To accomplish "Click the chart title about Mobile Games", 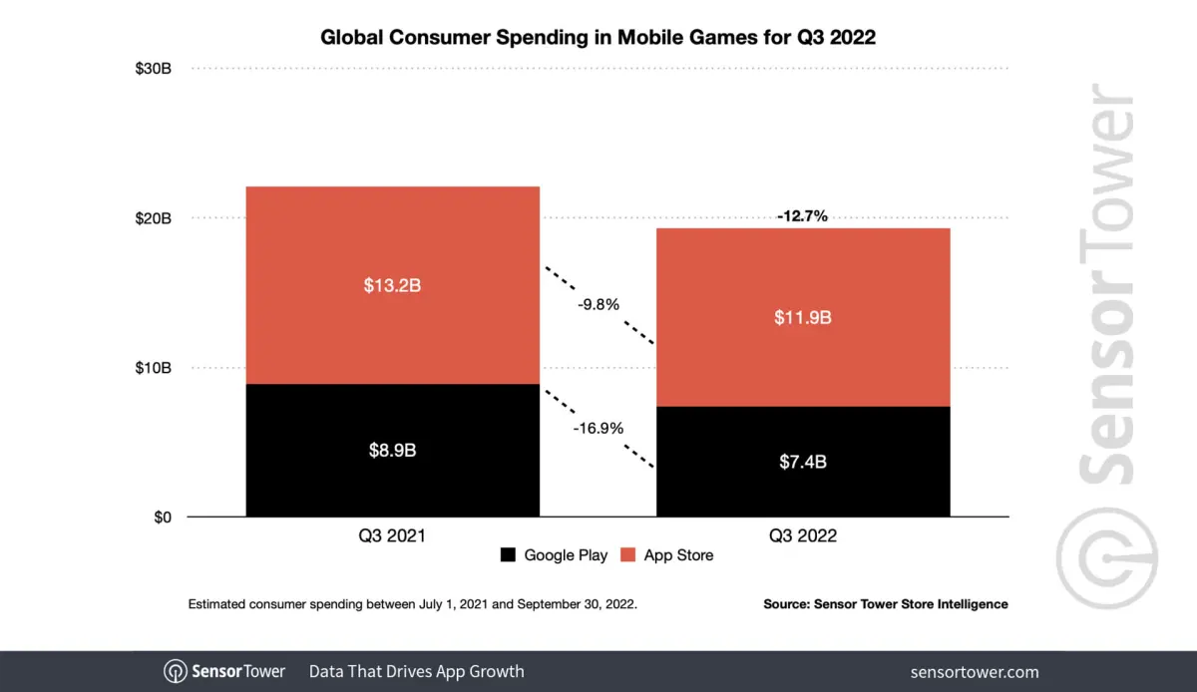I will point(598,38).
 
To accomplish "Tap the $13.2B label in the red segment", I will point(392,285).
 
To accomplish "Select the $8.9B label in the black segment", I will point(392,450).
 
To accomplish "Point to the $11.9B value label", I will point(803,318).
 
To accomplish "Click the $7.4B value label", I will point(803,462).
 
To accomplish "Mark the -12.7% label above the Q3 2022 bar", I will point(802,215).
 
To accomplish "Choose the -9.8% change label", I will point(598,303).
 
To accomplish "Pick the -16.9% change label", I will point(598,428).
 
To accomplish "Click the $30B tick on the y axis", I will point(154,69).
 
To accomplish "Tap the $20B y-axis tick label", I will point(154,218).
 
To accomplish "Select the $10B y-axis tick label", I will point(154,368).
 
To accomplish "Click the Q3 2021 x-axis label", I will point(392,535).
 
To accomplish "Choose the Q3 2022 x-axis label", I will point(803,535).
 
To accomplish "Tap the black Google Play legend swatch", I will point(509,555).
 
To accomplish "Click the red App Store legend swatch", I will point(628,555).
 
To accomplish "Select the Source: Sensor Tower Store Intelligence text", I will point(886,604).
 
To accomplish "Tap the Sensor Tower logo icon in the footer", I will point(176,671).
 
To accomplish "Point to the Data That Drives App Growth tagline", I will point(416,671).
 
